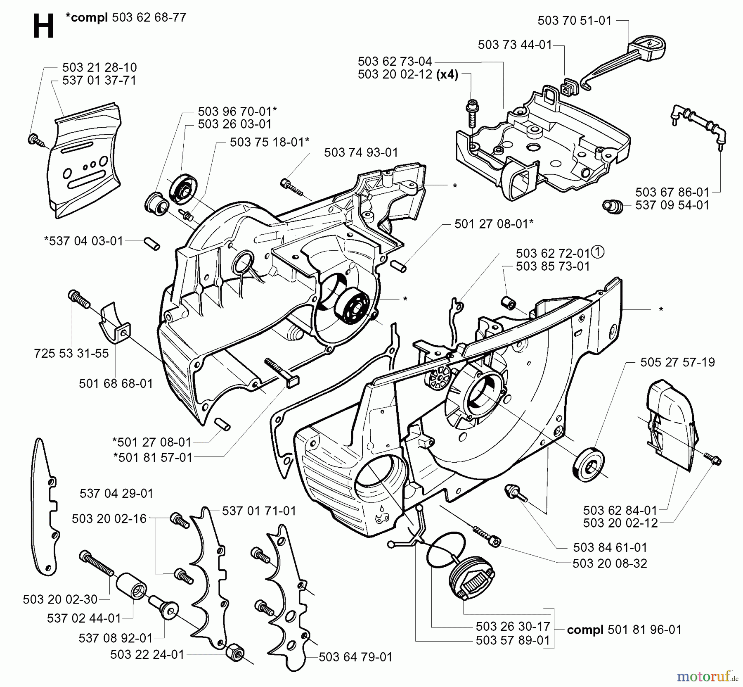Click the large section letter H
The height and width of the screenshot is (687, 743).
(43, 26)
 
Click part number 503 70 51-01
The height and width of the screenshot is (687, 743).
(574, 21)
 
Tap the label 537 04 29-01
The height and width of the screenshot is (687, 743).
(116, 493)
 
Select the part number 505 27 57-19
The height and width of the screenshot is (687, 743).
(677, 362)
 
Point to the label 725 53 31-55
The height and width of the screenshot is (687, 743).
(71, 353)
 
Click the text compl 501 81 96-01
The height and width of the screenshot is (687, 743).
(624, 630)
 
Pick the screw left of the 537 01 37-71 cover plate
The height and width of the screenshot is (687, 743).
(36, 140)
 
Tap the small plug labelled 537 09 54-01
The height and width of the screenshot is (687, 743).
(613, 205)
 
